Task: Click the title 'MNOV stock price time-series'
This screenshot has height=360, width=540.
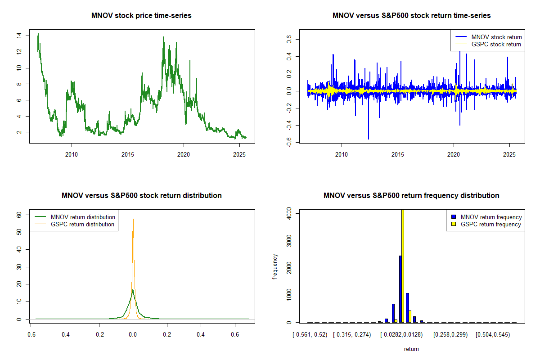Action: click(x=141, y=16)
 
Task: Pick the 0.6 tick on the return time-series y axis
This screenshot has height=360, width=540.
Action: click(x=289, y=40)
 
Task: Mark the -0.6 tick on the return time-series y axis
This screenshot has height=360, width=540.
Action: click(x=289, y=142)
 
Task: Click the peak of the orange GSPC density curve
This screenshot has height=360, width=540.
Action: click(x=133, y=216)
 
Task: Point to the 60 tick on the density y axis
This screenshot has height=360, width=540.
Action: click(x=19, y=215)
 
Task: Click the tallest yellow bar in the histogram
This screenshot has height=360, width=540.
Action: click(x=403, y=265)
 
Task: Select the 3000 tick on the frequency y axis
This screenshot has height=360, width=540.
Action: click(x=289, y=241)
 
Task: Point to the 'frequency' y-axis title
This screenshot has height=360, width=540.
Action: click(x=275, y=267)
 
